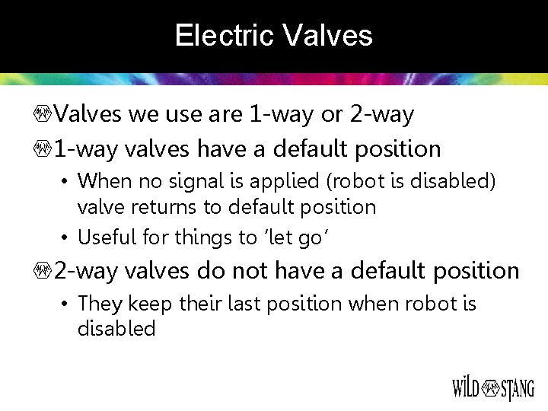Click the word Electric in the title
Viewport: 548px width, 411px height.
(225, 36)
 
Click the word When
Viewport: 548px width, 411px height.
(104, 181)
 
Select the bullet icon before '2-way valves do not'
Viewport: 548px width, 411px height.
(44, 271)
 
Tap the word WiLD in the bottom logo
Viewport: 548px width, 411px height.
(466, 388)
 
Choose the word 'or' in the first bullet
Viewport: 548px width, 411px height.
(332, 115)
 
